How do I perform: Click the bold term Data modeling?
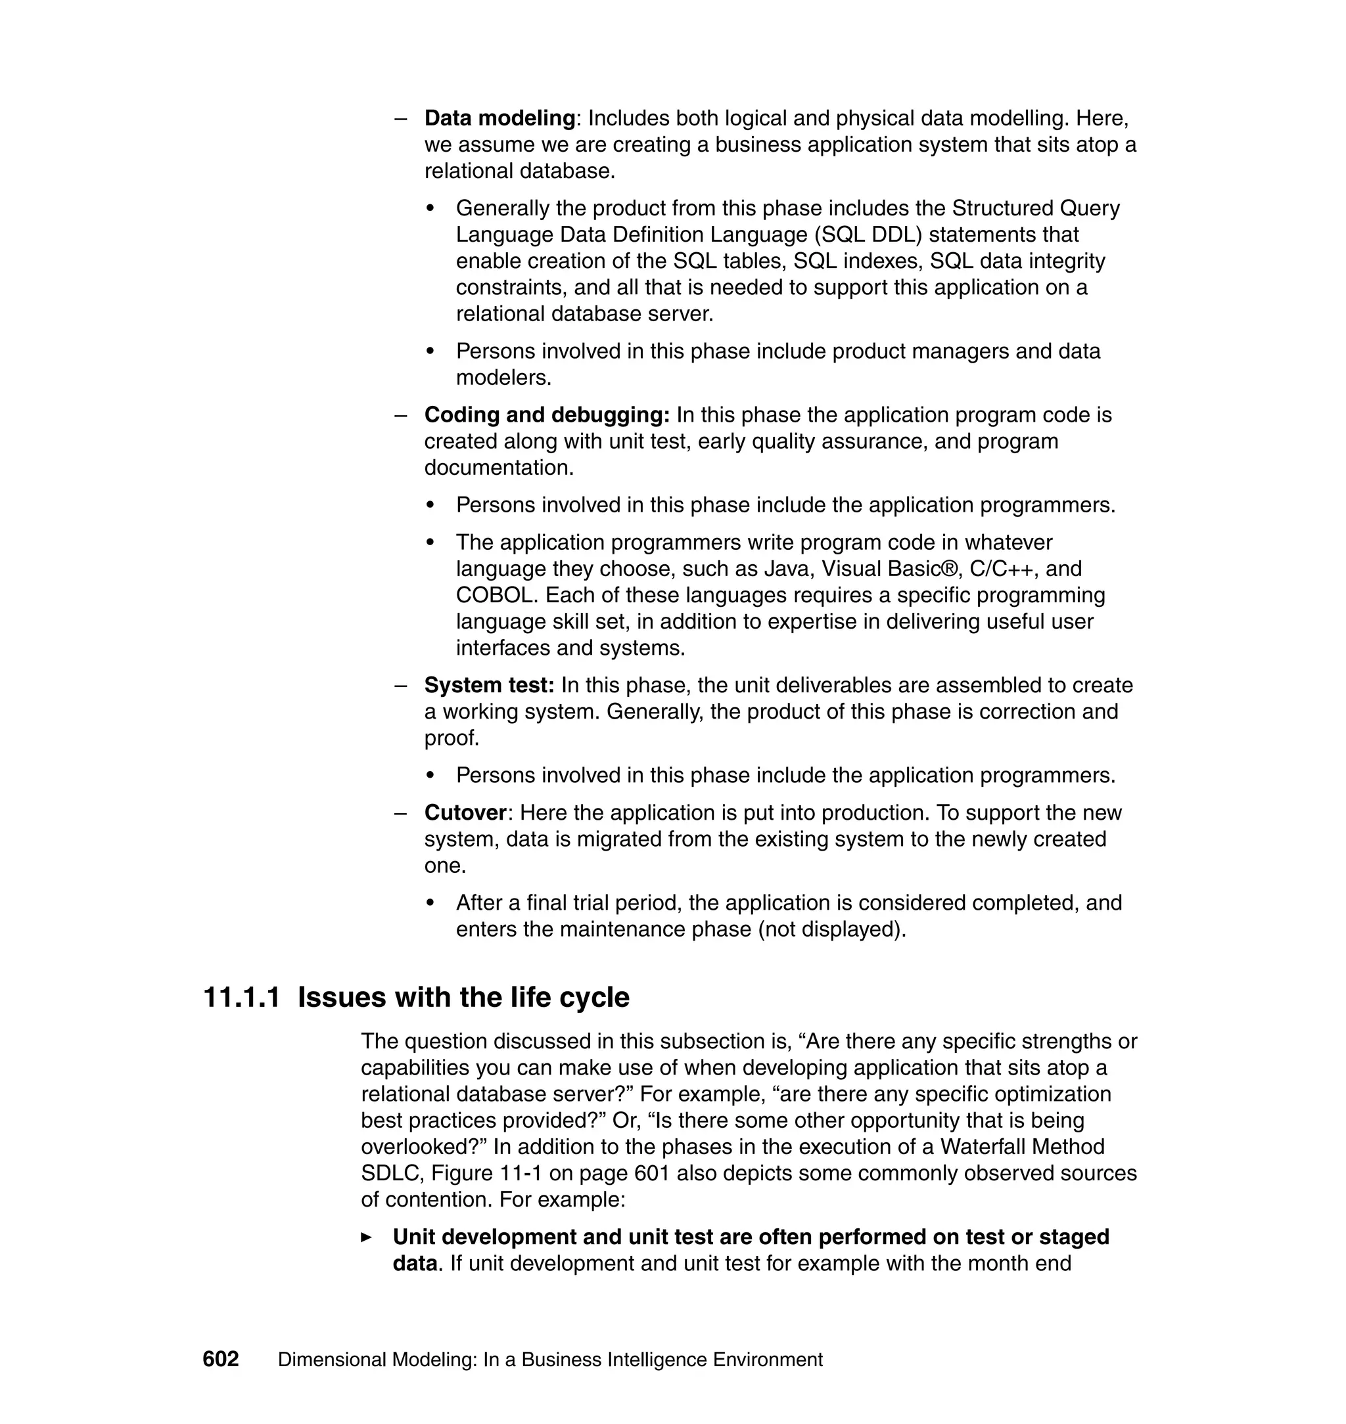coord(500,118)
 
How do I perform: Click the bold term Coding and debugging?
coord(547,415)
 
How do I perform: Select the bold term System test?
coord(490,686)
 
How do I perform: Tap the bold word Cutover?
coord(466,813)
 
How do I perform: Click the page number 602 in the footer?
coord(220,1360)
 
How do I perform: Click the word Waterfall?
coord(983,1147)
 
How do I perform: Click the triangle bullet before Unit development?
coord(367,1237)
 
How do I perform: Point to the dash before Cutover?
coord(401,814)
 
